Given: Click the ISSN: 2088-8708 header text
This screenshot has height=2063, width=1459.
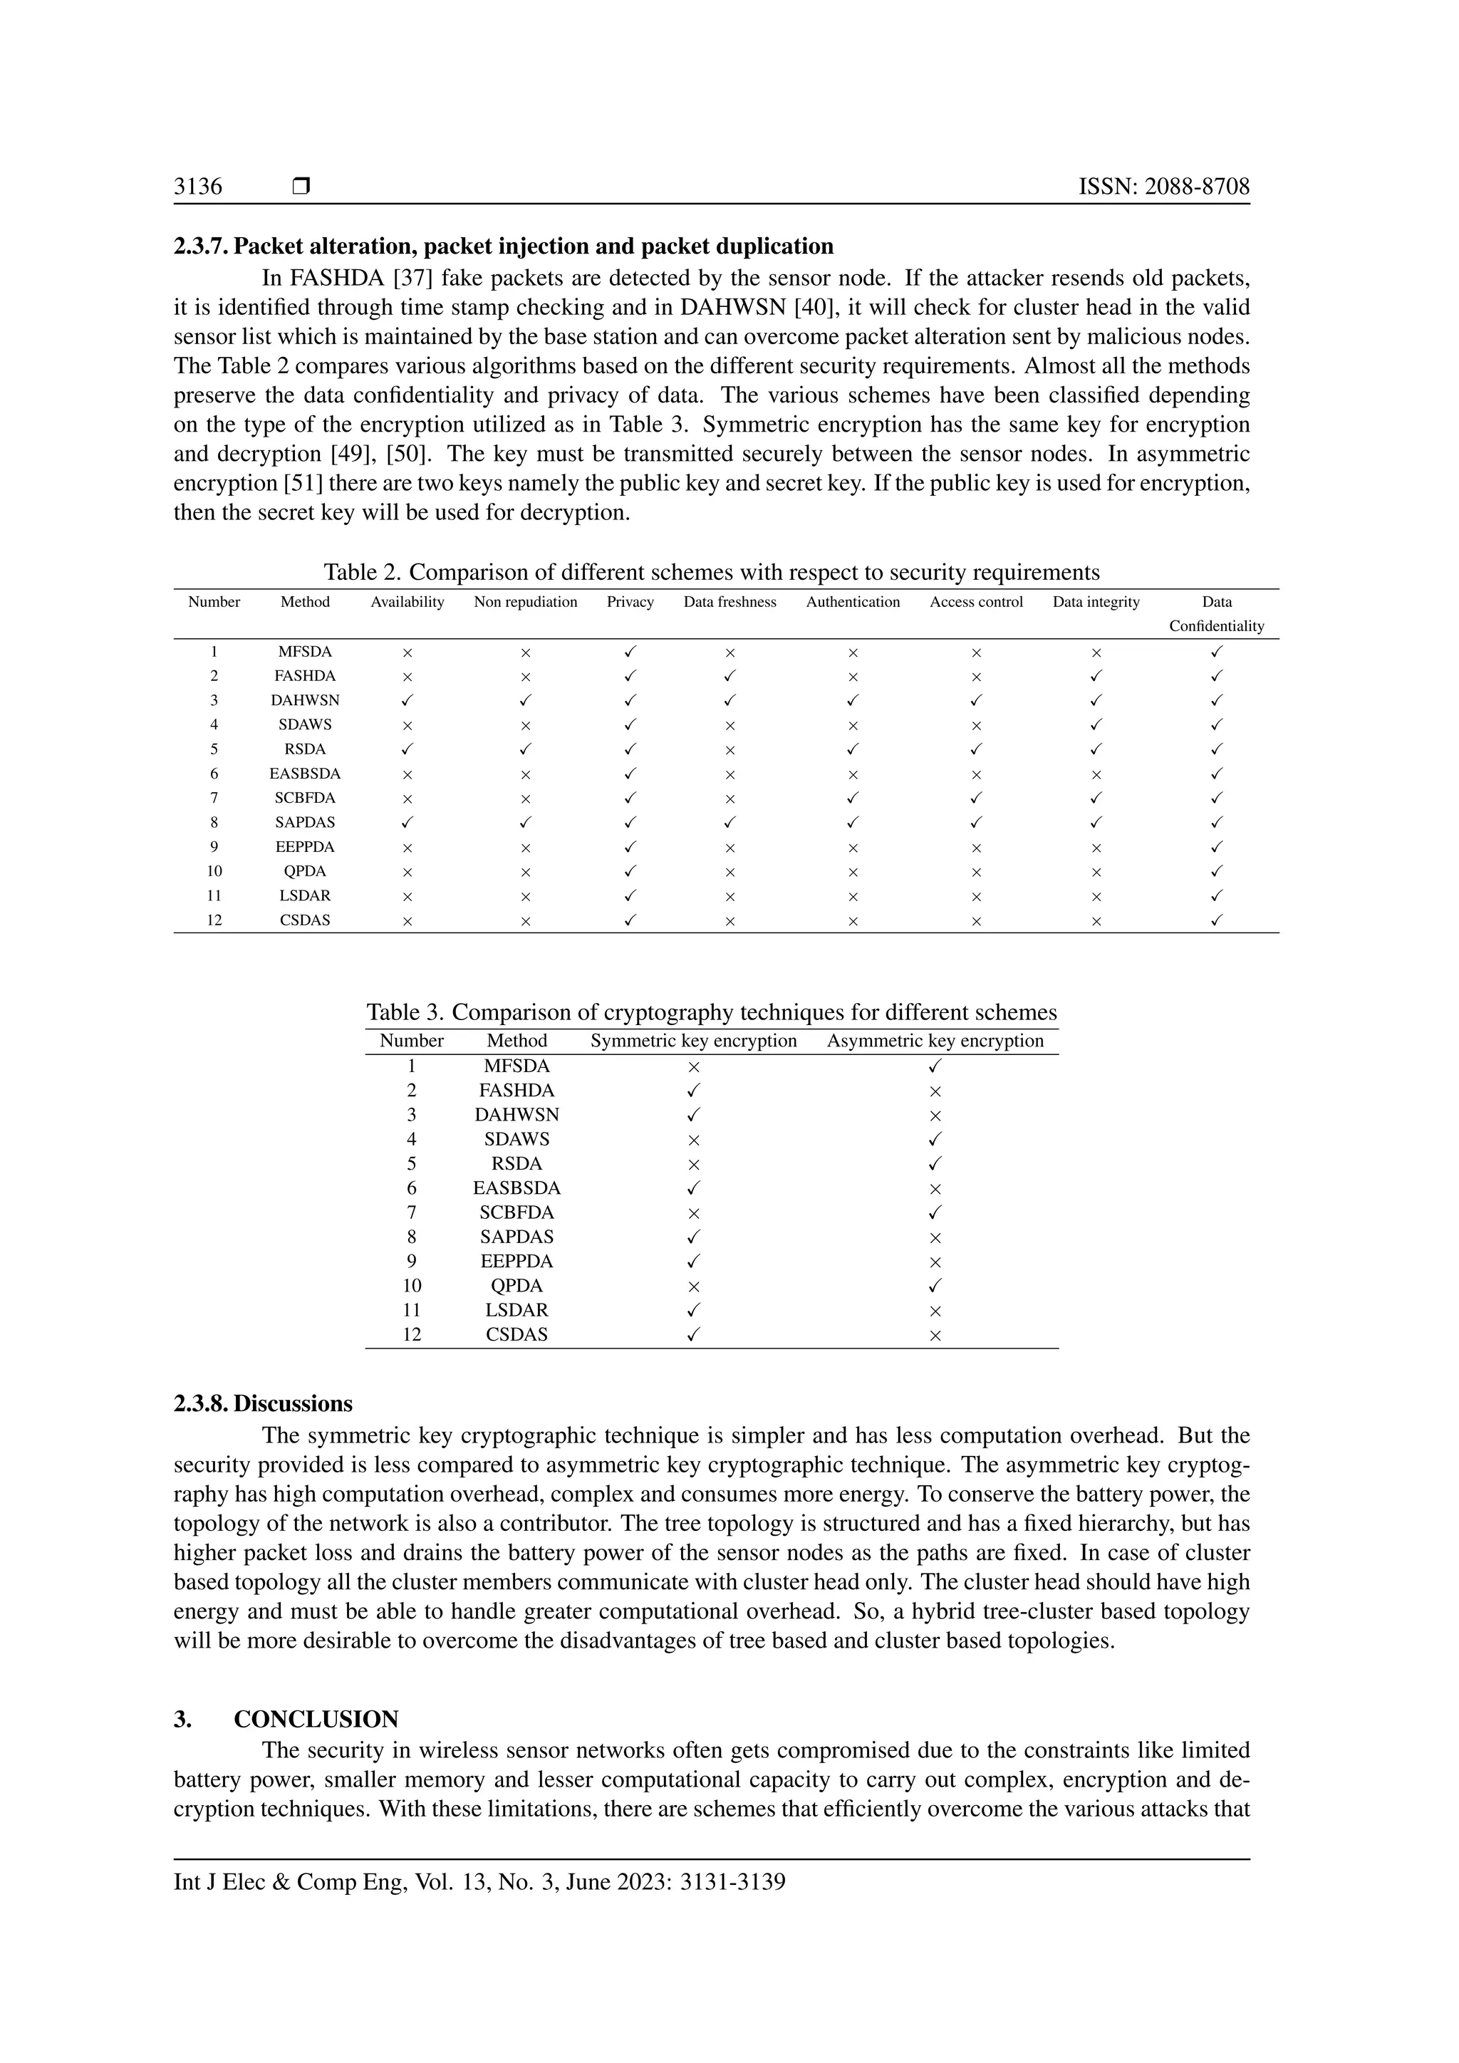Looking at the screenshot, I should coord(1163,187).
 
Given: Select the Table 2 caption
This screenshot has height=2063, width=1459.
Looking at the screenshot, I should coord(711,572).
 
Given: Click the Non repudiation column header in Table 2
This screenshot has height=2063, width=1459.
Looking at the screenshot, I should coord(526,602).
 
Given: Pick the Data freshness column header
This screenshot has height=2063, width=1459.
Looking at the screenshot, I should coord(729,602).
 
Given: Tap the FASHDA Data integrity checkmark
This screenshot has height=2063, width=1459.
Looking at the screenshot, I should coord(1096,676).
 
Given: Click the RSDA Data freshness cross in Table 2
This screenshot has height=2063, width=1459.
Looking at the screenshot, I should coord(729,749).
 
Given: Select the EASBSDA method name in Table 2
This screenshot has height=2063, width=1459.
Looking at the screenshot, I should coord(305,774).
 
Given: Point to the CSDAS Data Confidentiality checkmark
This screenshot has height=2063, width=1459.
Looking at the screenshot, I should coord(1217,920).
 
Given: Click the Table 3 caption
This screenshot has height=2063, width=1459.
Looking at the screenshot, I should coord(711,1013).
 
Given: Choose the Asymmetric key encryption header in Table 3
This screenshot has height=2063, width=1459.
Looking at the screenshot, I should coord(935,1041).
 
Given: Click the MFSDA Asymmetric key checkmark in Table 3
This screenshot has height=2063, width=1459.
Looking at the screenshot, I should coord(935,1066).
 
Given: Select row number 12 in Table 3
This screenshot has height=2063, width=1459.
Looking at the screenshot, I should coord(412,1334).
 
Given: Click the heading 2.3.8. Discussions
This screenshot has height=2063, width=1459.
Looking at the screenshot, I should coord(262,1403).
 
